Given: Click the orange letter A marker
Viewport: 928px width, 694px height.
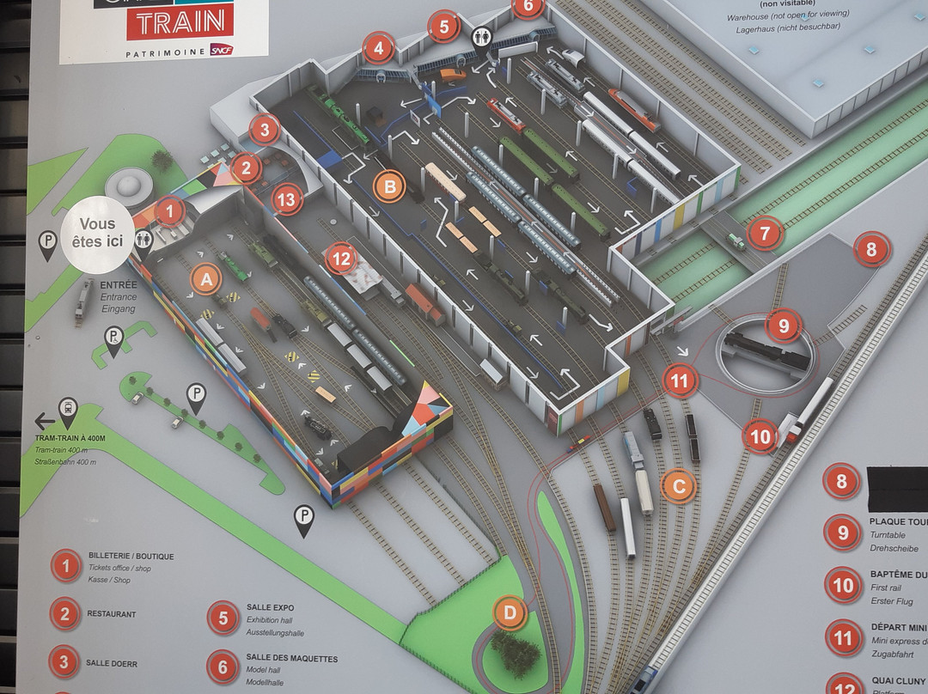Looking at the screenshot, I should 205,278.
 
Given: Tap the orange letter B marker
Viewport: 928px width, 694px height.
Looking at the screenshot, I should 389,186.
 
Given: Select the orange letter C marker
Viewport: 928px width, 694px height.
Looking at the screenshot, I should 678,486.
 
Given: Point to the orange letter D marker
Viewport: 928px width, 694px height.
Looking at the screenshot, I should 510,612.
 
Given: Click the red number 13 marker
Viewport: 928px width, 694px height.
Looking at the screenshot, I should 287,201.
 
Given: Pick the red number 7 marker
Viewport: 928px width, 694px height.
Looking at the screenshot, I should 764,232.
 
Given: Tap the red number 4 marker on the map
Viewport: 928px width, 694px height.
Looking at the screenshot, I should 378,48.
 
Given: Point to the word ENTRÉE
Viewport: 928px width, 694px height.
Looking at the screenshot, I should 118,284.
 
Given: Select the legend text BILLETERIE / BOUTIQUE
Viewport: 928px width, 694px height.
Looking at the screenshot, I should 131,557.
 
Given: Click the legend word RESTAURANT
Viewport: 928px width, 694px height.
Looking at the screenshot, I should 111,614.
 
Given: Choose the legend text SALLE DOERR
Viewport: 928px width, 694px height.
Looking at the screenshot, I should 112,663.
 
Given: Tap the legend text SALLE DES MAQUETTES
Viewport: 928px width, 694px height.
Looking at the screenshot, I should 291,659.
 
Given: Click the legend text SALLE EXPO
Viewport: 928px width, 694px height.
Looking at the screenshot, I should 270,606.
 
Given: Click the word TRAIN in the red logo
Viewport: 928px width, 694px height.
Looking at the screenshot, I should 180,21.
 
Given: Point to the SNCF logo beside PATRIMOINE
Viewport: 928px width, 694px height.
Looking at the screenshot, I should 220,51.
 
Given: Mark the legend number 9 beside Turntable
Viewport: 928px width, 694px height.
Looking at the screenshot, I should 842,533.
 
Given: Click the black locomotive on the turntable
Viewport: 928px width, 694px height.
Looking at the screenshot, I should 765,350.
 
